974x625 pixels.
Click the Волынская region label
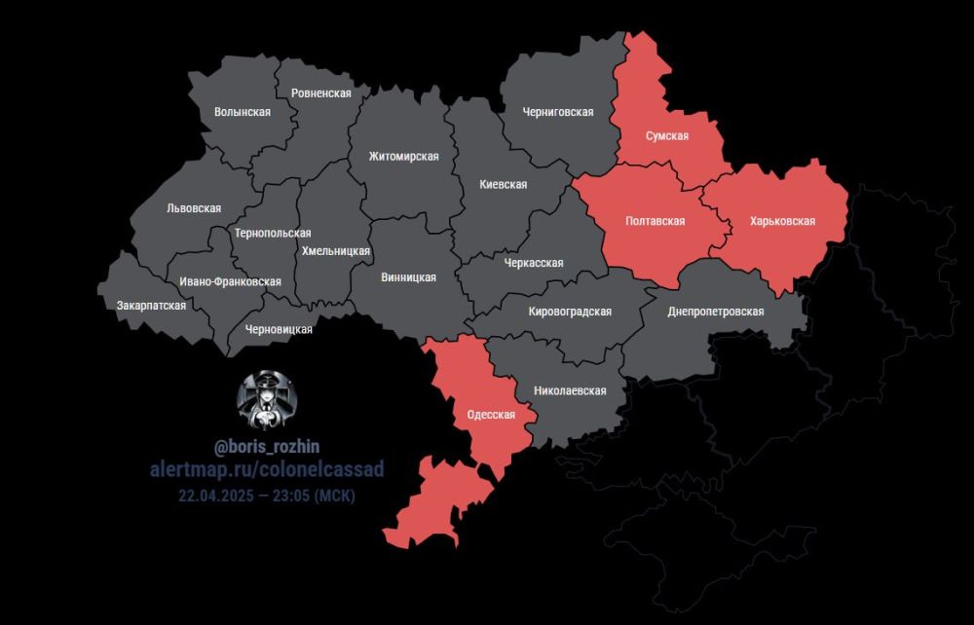[242, 112]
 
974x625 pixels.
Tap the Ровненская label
[320, 92]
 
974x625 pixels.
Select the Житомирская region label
[403, 157]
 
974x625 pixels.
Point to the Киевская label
[504, 184]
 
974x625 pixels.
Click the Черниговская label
[557, 112]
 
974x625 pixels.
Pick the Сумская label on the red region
[667, 136]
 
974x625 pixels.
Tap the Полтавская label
[655, 221]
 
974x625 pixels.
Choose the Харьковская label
[782, 221]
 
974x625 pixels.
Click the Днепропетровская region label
[716, 312]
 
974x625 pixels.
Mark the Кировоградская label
[569, 312]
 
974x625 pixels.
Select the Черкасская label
[534, 263]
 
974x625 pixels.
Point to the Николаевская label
[570, 390]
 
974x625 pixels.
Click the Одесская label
[490, 413]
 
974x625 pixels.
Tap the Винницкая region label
[407, 277]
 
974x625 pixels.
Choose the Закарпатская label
[151, 305]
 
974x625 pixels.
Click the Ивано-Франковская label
[230, 281]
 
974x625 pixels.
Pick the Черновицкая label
[279, 329]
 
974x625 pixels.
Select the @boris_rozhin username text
[266, 446]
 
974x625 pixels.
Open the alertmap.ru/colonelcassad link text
[266, 470]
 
